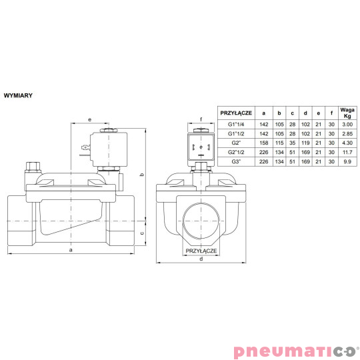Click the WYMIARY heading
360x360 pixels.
click(x=18, y=95)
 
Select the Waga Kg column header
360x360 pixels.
click(x=345, y=113)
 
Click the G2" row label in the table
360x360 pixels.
click(x=236, y=142)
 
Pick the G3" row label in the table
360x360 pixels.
click(x=236, y=161)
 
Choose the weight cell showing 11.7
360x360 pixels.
click(x=345, y=151)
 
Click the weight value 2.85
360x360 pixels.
click(x=345, y=133)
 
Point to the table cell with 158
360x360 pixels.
click(x=264, y=142)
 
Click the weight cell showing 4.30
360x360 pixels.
click(x=345, y=142)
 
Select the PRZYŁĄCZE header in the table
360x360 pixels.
click(x=236, y=113)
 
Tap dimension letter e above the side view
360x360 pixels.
click(x=90, y=119)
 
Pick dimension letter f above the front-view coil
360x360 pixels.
click(x=201, y=120)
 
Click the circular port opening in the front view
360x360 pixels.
click(x=201, y=220)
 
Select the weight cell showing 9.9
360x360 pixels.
click(x=345, y=161)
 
